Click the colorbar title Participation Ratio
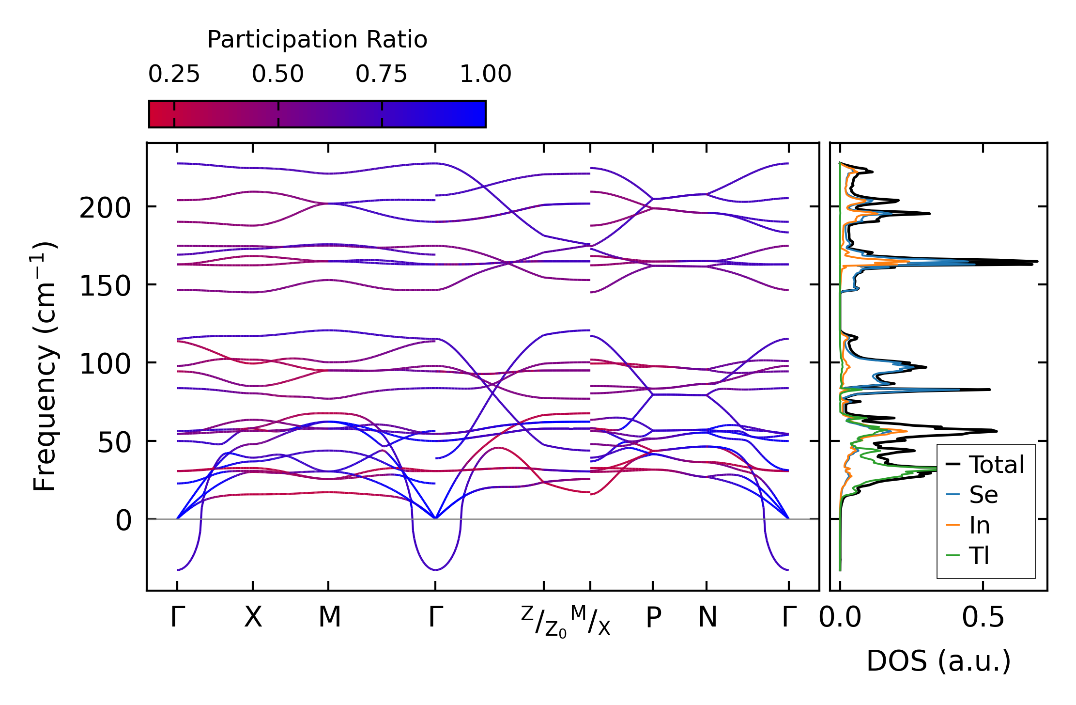[317, 40]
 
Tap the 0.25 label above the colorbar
[174, 75]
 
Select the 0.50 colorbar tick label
[278, 75]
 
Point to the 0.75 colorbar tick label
[382, 75]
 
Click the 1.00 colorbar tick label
[485, 75]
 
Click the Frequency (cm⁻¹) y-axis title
[45, 366]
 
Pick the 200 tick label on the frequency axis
[105, 209]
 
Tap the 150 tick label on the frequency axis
[105, 286]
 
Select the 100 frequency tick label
[105, 364]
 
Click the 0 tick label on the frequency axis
[123, 521]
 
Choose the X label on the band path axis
[253, 618]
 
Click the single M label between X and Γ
[329, 618]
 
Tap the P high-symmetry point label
[653, 618]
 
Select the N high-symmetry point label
[707, 618]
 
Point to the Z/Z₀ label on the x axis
[543, 621]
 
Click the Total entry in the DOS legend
[996, 465]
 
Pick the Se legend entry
[983, 495]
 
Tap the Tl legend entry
[979, 555]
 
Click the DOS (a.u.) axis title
[938, 661]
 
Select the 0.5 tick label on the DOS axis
[983, 618]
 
